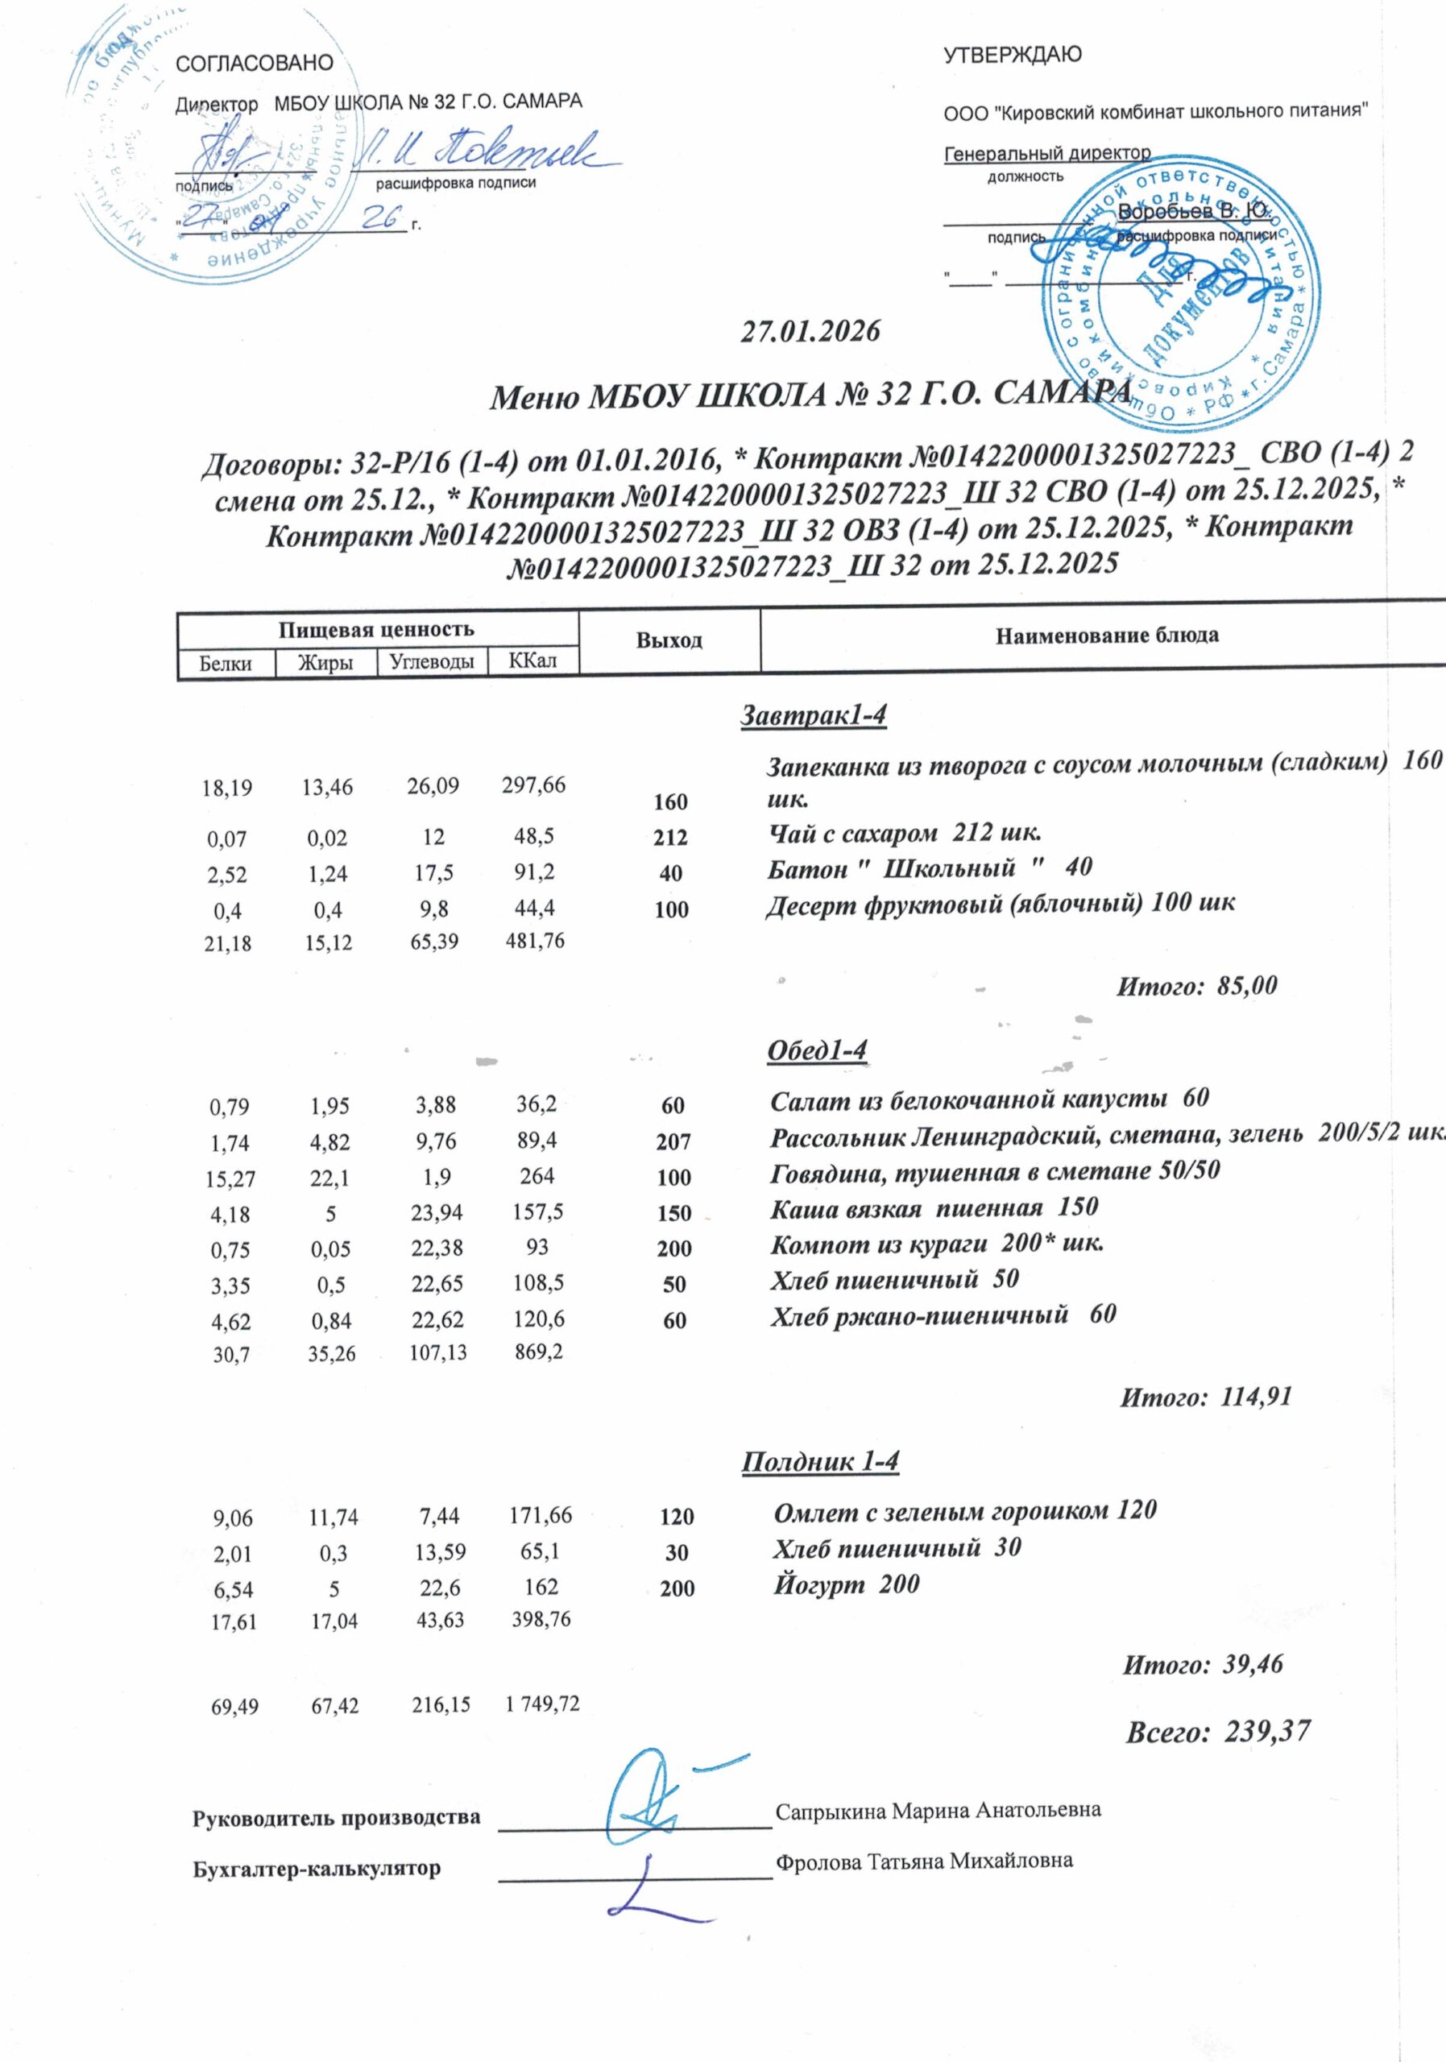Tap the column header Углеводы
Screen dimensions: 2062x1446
pyautogui.click(x=431, y=662)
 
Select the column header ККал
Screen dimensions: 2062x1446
pyautogui.click(x=532, y=661)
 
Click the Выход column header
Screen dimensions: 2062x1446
pyautogui.click(x=669, y=640)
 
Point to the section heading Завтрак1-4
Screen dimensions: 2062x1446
pyautogui.click(x=814, y=715)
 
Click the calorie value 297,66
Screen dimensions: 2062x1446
pyautogui.click(x=533, y=785)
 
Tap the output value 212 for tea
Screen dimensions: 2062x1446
pyautogui.click(x=671, y=838)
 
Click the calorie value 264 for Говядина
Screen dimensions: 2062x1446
pyautogui.click(x=537, y=1176)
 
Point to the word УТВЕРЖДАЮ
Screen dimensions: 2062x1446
pyautogui.click(x=1012, y=55)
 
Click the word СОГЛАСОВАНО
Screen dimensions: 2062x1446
pyautogui.click(x=255, y=64)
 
